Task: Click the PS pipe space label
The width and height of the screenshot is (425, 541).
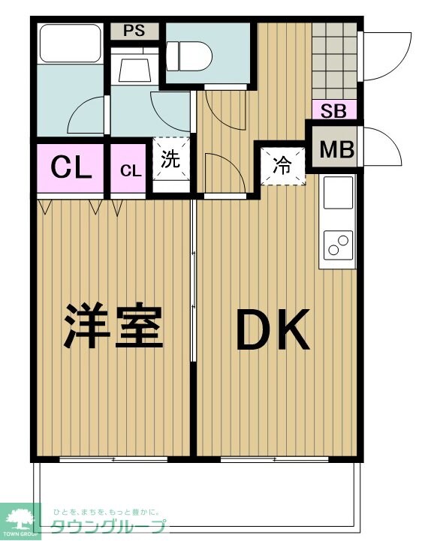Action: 134,32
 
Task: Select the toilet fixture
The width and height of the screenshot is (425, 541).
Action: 190,55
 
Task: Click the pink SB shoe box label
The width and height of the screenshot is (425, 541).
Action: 333,111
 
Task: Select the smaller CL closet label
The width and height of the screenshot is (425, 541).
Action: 130,170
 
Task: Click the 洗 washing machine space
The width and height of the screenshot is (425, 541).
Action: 171,161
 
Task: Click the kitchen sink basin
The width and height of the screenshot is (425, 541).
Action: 338,194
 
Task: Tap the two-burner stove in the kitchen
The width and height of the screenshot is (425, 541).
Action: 338,245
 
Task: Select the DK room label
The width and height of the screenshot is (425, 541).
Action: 273,332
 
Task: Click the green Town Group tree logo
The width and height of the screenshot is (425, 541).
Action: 20,518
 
